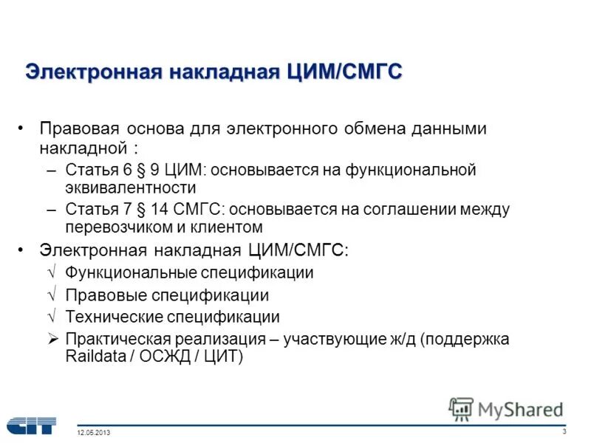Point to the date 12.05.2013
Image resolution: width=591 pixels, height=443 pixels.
coord(93,433)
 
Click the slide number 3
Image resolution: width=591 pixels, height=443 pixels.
coord(564,431)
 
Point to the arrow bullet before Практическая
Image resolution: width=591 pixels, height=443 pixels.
coord(52,339)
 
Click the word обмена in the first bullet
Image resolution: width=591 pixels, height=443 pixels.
coord(375,128)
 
